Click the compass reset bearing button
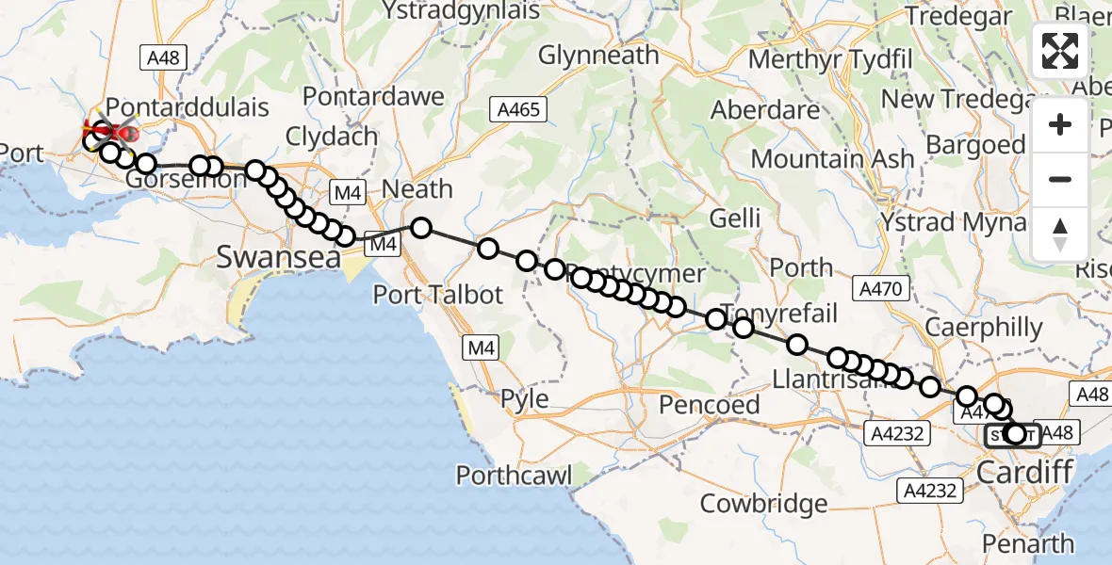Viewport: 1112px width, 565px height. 1060,234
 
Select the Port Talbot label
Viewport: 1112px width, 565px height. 438,294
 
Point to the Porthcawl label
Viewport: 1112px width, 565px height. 514,475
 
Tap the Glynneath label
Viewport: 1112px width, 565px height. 600,56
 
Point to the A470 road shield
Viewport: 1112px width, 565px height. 880,288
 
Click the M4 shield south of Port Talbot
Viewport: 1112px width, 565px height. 482,349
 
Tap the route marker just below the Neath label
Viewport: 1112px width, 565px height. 420,227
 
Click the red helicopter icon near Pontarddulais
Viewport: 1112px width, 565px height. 113,132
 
